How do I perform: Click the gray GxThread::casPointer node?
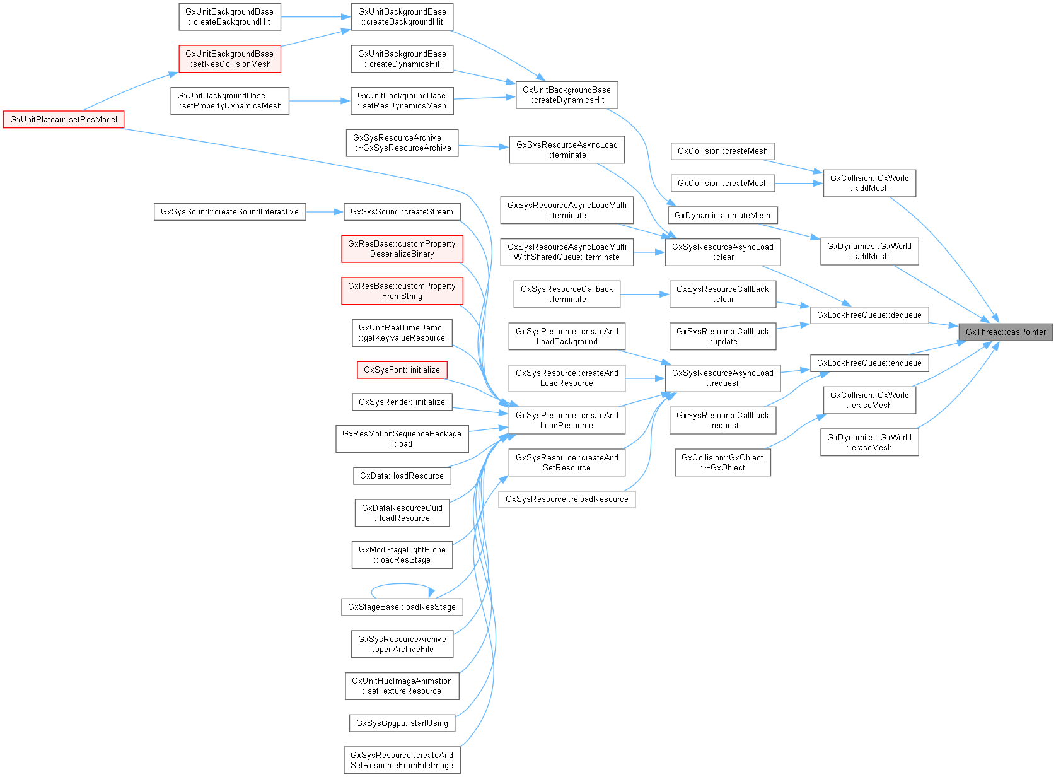click(x=1005, y=332)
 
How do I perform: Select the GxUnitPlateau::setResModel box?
click(x=64, y=119)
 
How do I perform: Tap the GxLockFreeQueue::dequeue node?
click(x=869, y=315)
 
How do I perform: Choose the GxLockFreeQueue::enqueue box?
click(x=869, y=363)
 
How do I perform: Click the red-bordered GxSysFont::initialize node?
click(x=402, y=370)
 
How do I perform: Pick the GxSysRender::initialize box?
click(x=402, y=402)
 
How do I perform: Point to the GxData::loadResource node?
click(x=402, y=476)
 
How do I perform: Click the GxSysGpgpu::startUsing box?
click(x=402, y=723)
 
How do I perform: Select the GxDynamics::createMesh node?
click(x=722, y=215)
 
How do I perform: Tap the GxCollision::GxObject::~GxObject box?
click(x=722, y=462)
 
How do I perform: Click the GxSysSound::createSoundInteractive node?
click(x=229, y=211)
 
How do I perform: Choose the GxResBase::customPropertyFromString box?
click(x=402, y=291)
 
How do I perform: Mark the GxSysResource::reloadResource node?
click(x=567, y=499)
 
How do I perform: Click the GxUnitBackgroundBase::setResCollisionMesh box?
click(x=229, y=59)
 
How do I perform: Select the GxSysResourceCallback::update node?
click(x=722, y=336)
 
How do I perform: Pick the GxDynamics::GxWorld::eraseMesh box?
click(x=869, y=442)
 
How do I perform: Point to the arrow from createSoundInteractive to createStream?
click(x=324, y=212)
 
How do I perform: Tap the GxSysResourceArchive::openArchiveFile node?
click(x=402, y=644)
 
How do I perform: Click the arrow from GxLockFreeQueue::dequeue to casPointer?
click(x=943, y=325)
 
